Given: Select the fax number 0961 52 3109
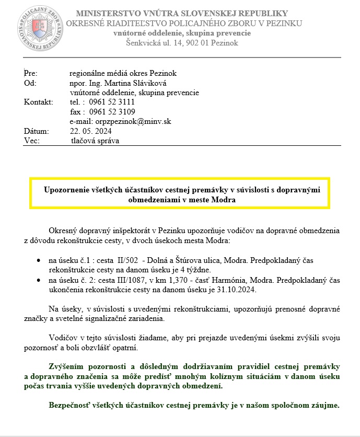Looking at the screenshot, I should pyautogui.click(x=112, y=112).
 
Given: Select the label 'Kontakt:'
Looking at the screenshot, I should pyautogui.click(x=39, y=102).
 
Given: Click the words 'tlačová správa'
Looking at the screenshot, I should pyautogui.click(x=95, y=141).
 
